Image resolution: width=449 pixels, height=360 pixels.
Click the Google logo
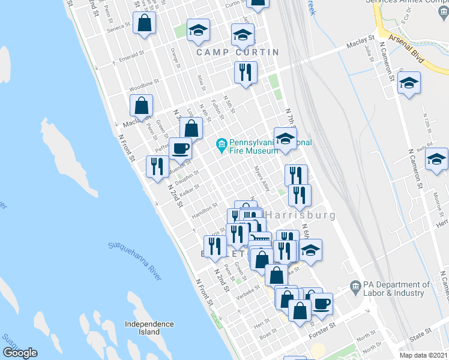click(20, 353)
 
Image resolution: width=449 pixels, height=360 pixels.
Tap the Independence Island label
click(149, 328)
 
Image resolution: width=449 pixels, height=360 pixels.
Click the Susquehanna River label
click(135, 261)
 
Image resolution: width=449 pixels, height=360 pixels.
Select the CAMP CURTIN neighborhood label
click(238, 52)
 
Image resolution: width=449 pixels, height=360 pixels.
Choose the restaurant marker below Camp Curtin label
click(246, 73)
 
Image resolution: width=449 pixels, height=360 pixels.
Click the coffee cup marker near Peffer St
click(179, 148)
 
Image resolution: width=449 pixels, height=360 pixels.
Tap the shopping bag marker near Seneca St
click(145, 23)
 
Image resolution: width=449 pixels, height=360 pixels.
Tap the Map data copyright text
click(423, 355)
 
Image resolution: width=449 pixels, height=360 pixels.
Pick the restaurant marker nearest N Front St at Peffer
click(157, 166)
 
